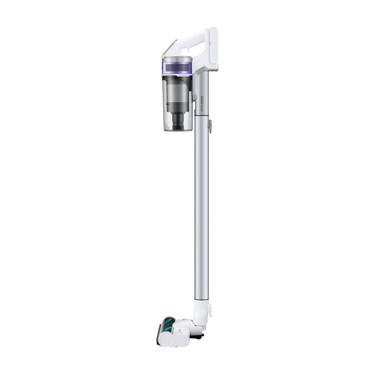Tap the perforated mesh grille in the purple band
coord(177,68)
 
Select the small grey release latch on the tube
coord(210,126)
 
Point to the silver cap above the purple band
coord(177,59)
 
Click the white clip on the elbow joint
coord(209,309)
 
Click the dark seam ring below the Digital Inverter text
coord(202,116)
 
